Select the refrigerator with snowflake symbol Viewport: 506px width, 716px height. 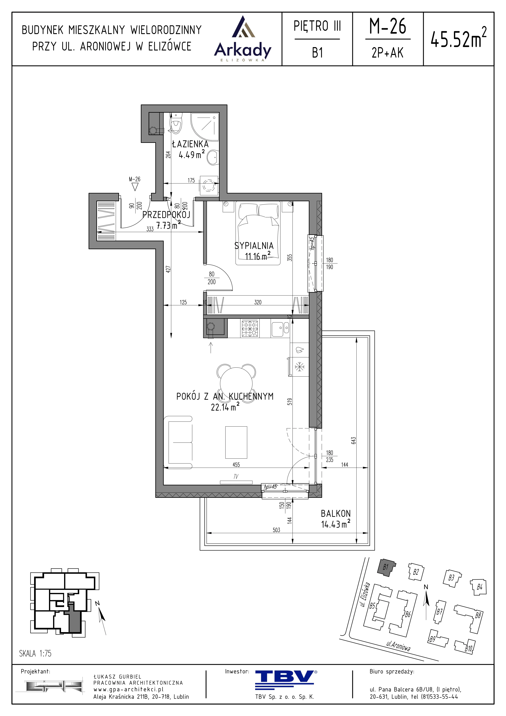click(x=299, y=366)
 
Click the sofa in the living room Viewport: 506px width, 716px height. click(x=180, y=442)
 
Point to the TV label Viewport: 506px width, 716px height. click(x=236, y=477)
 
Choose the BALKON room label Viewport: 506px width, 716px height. click(x=336, y=513)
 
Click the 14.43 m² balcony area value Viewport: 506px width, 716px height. click(x=336, y=524)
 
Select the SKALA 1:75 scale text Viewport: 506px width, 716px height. click(x=35, y=653)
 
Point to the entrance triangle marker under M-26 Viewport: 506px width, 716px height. click(x=135, y=187)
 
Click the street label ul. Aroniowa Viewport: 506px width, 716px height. click(x=398, y=646)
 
